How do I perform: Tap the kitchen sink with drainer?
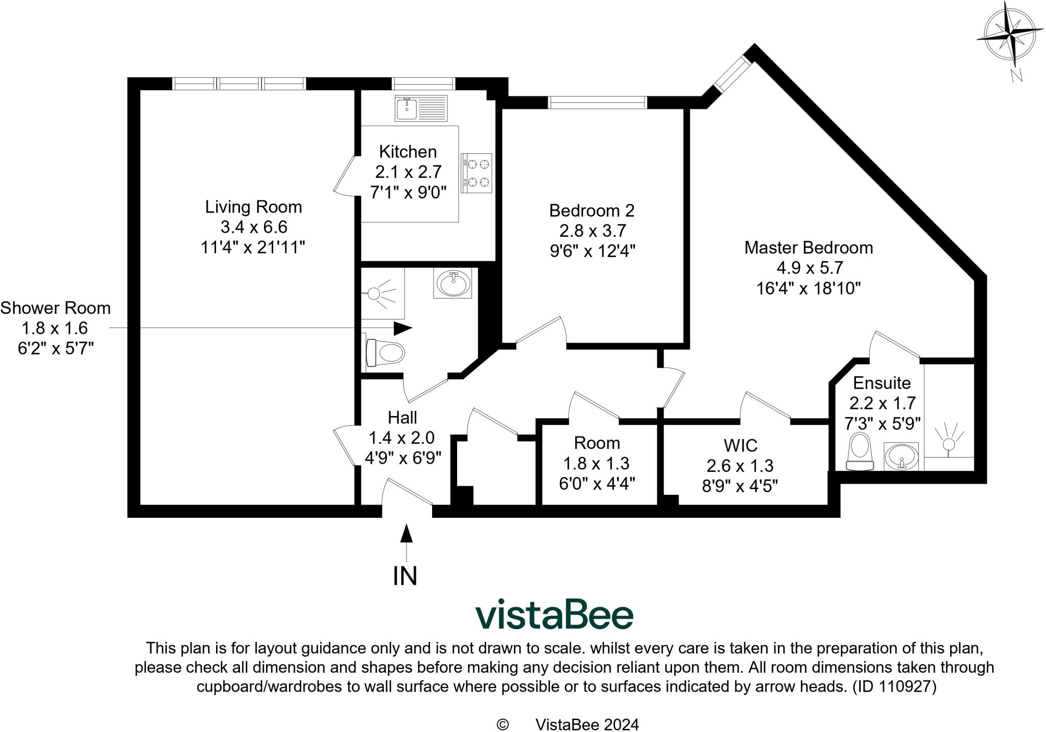coord(420,108)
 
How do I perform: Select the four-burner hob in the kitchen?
coord(477,173)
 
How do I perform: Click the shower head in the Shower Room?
coord(374,293)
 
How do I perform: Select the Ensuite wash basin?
coord(901,455)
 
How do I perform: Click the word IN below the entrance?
coord(405,576)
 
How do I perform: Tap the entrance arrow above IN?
coord(406,534)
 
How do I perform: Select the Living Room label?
coord(253,207)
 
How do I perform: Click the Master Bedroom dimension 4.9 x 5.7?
coord(809,268)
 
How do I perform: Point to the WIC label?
coord(740,446)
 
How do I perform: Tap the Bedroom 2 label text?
coord(591,211)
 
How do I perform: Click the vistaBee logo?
coord(554,614)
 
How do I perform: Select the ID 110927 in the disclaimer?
coord(894,687)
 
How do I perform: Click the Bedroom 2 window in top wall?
coord(597,102)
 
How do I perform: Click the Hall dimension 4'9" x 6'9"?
coord(402,457)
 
